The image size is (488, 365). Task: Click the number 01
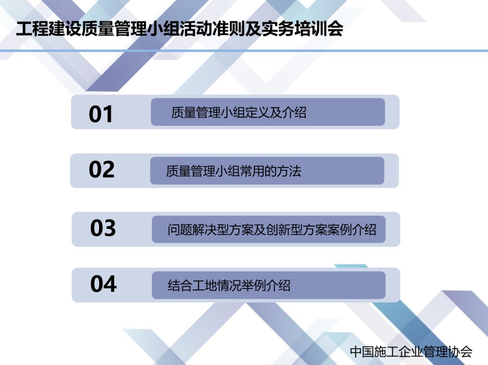click(100, 114)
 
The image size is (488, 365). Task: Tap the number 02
click(102, 170)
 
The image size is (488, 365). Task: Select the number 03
click(103, 228)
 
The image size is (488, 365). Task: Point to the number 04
click(103, 284)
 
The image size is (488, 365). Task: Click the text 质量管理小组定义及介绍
click(239, 113)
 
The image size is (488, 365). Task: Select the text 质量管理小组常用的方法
click(234, 171)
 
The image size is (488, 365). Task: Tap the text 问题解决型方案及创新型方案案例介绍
click(272, 230)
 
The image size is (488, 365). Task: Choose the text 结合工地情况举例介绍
click(229, 285)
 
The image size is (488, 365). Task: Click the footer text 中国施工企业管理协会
click(411, 351)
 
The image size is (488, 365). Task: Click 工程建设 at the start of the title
click(48, 29)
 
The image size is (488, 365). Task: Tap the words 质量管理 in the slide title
click(113, 29)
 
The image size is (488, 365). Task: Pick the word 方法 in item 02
click(289, 171)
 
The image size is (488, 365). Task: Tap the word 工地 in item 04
click(205, 285)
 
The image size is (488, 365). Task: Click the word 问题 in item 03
click(179, 230)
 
